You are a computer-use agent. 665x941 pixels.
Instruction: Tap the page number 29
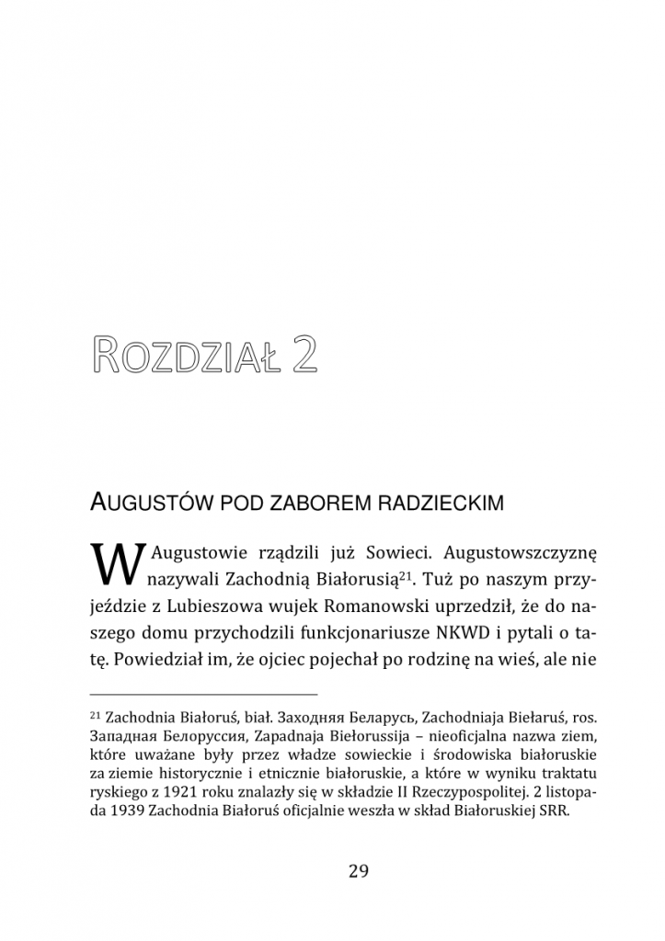(x=359, y=871)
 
